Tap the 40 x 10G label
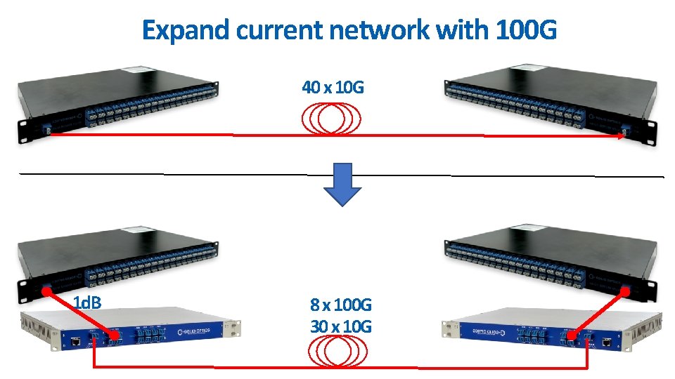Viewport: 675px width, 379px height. [333, 88]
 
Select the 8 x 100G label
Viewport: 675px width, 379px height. [341, 305]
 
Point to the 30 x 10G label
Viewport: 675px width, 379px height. [341, 326]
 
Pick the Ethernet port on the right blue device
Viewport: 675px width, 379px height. [605, 343]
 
